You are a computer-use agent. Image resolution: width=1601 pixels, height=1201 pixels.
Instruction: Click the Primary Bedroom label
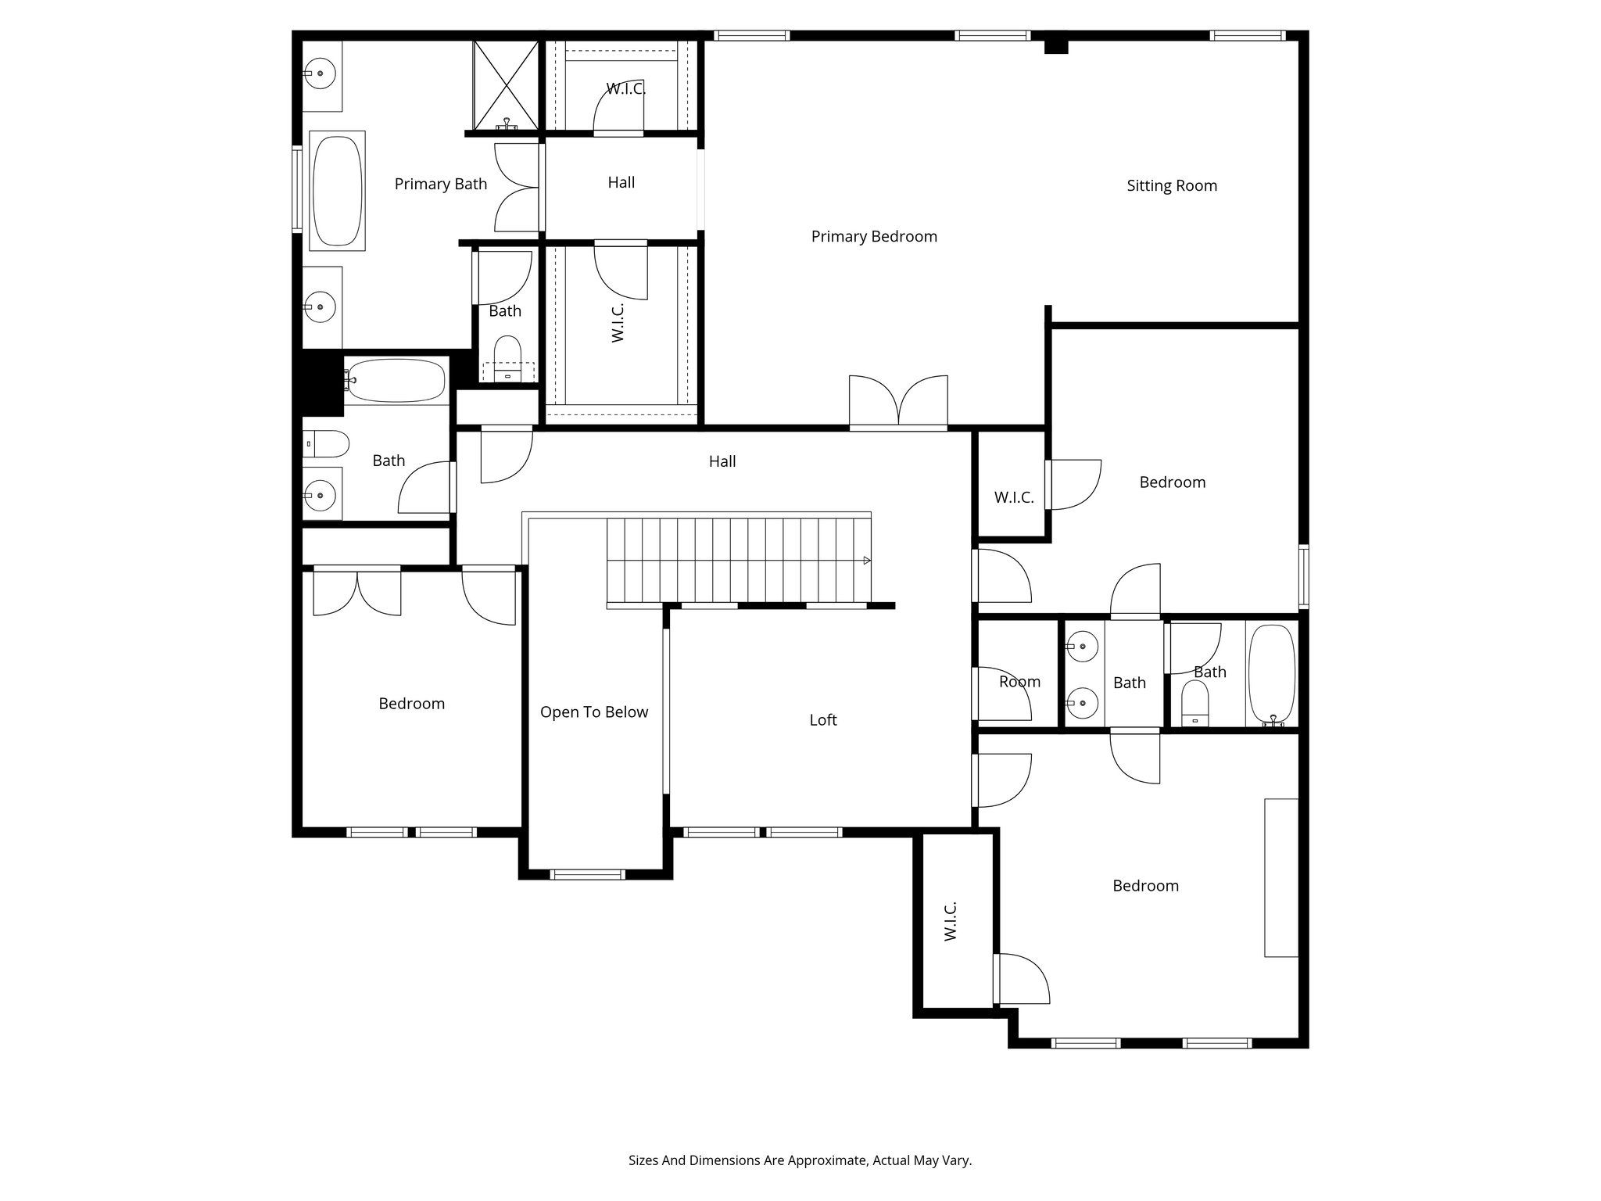(873, 236)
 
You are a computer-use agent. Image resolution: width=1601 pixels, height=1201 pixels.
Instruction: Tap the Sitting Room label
(1171, 185)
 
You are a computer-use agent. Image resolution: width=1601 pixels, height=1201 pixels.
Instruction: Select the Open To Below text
(593, 712)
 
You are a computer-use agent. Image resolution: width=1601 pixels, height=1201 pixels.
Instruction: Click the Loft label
(822, 719)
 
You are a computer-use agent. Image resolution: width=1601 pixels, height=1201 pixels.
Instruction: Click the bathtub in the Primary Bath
(337, 191)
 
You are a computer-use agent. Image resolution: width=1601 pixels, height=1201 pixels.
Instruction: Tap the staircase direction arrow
(866, 561)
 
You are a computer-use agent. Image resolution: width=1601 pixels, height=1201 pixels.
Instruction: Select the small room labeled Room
(1019, 681)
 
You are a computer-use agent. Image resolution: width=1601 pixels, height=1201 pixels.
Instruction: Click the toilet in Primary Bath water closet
(507, 360)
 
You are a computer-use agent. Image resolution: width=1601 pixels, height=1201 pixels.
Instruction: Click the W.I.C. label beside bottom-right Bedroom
(950, 920)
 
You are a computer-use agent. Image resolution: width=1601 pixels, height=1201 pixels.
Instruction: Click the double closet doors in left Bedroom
(356, 591)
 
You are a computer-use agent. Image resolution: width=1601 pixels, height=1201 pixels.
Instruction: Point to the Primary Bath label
(440, 184)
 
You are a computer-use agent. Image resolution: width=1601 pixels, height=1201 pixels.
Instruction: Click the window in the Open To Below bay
(588, 874)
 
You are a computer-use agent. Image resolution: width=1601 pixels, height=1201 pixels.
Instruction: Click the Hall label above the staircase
(722, 461)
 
